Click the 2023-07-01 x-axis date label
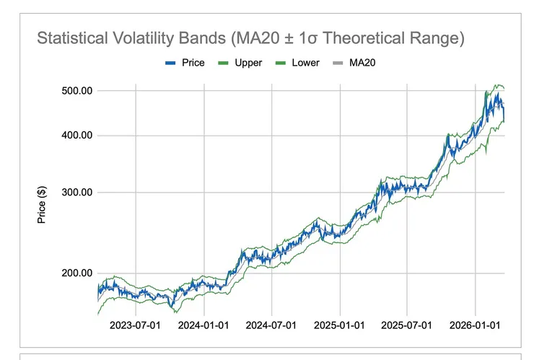135,325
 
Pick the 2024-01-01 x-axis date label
203,325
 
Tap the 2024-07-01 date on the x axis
271,325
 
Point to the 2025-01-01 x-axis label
339,325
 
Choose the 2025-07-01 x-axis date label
407,325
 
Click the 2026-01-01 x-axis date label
476,325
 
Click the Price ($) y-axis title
42,204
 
